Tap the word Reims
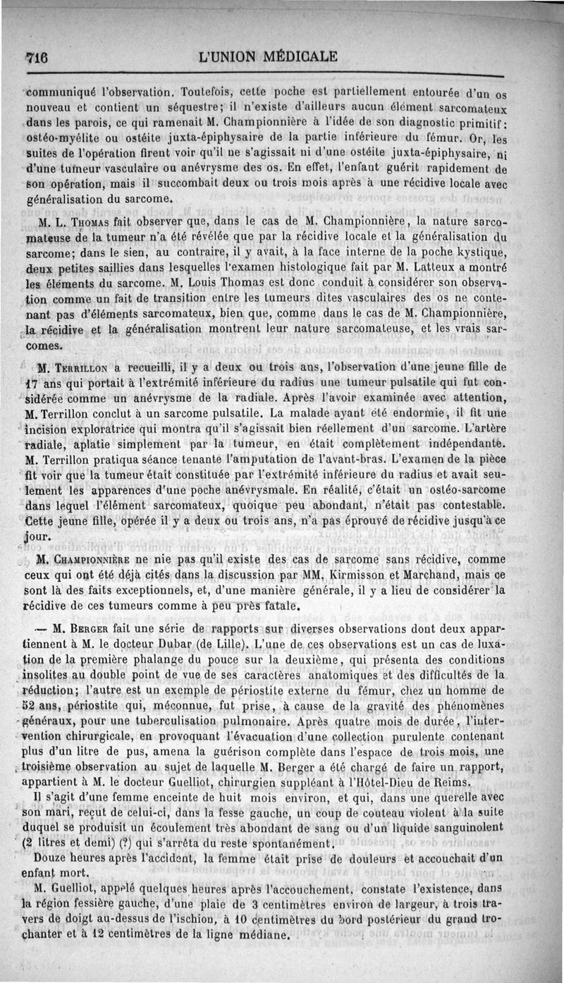(449, 783)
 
